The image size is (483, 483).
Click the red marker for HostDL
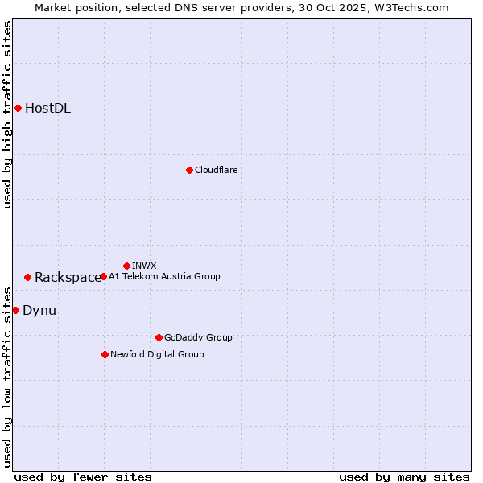[18, 108]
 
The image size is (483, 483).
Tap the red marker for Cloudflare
[189, 170]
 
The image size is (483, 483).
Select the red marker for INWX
[126, 266]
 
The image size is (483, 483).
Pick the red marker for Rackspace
[27, 277]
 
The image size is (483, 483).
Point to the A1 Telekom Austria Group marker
[103, 276]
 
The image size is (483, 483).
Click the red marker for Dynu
[15, 310]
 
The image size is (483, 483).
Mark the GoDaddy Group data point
[159, 337]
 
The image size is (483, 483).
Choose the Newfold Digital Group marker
[105, 354]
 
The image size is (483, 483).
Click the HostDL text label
[47, 109]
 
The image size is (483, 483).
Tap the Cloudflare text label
[216, 170]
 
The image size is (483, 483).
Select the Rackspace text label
[68, 278]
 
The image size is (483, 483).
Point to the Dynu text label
[39, 311]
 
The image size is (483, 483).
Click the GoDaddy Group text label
[198, 337]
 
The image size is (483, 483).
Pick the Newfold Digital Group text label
[157, 354]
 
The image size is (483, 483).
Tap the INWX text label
[144, 266]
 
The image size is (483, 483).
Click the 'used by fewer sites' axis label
[83, 477]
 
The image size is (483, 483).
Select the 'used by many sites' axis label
[404, 477]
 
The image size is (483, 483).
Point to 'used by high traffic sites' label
[7, 114]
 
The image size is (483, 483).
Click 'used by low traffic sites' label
[7, 376]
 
